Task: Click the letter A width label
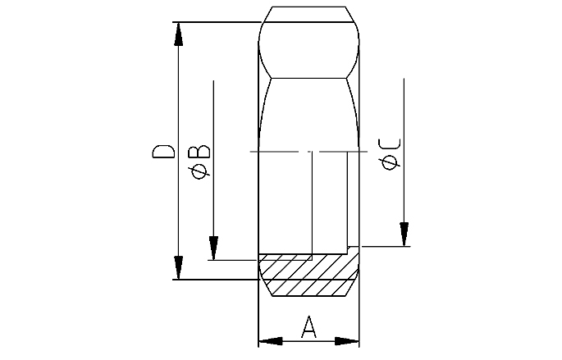pos(309,327)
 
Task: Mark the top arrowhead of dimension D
pos(177,34)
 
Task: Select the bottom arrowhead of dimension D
pos(177,267)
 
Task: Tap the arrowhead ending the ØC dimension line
pos(404,234)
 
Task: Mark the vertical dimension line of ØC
pos(404,148)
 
